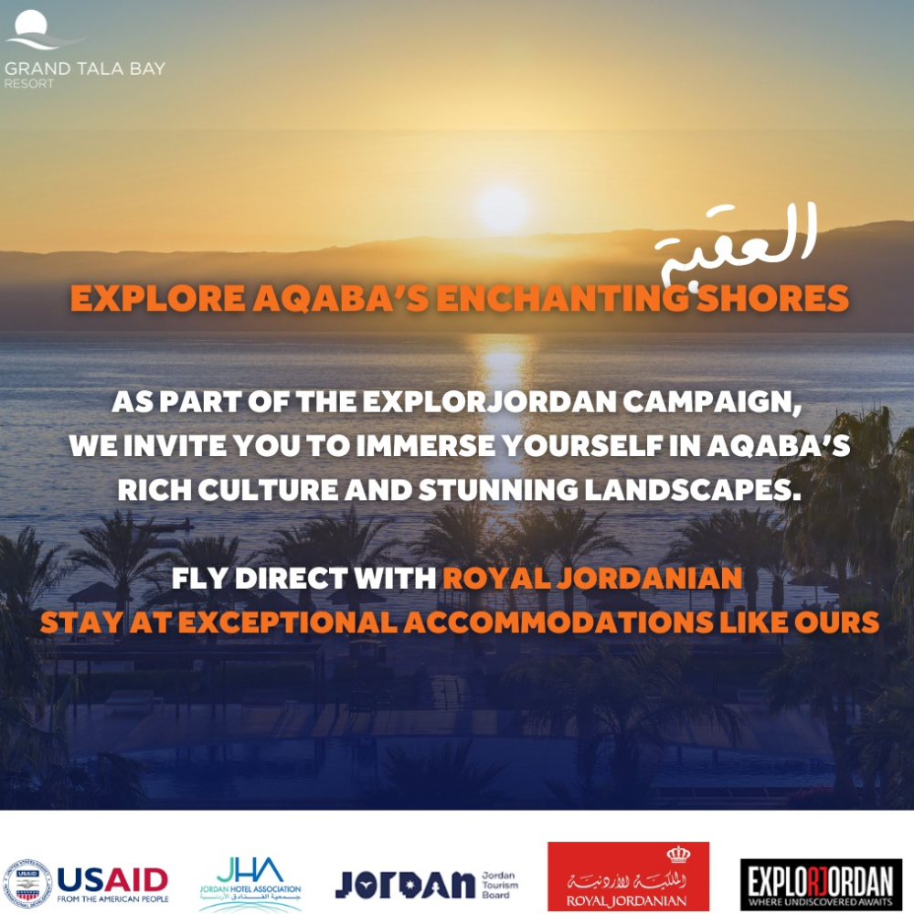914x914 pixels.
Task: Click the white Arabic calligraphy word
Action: pos(738,245)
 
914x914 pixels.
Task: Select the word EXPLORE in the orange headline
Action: pos(157,298)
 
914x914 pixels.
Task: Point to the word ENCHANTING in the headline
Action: pos(562,298)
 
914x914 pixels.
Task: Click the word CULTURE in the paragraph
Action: pos(268,490)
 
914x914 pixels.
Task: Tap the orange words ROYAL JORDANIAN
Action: pos(592,579)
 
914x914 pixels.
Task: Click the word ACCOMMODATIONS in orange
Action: pos(558,622)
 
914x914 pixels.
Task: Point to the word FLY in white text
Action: pos(200,579)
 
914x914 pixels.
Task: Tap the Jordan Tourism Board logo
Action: pos(427,884)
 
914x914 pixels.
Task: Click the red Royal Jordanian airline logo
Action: pos(629,877)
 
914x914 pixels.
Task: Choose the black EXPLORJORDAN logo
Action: pos(821,884)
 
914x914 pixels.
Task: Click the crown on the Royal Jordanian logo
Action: pos(678,856)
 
